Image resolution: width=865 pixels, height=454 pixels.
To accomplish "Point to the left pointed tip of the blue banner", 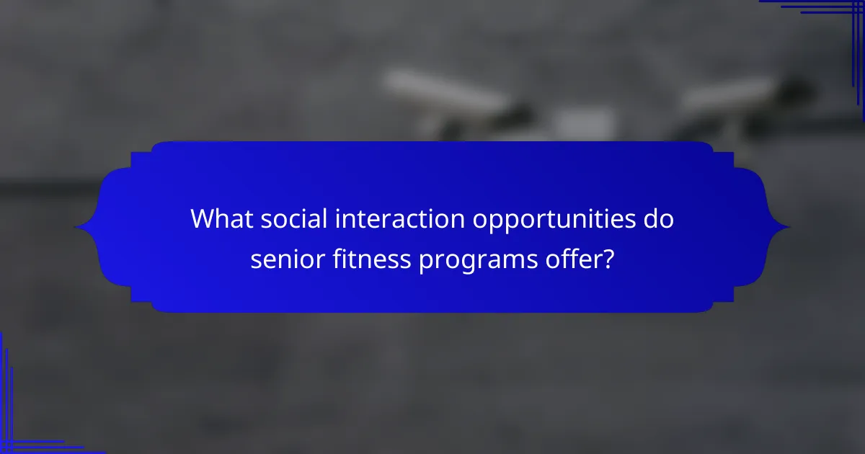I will coord(76,228).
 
